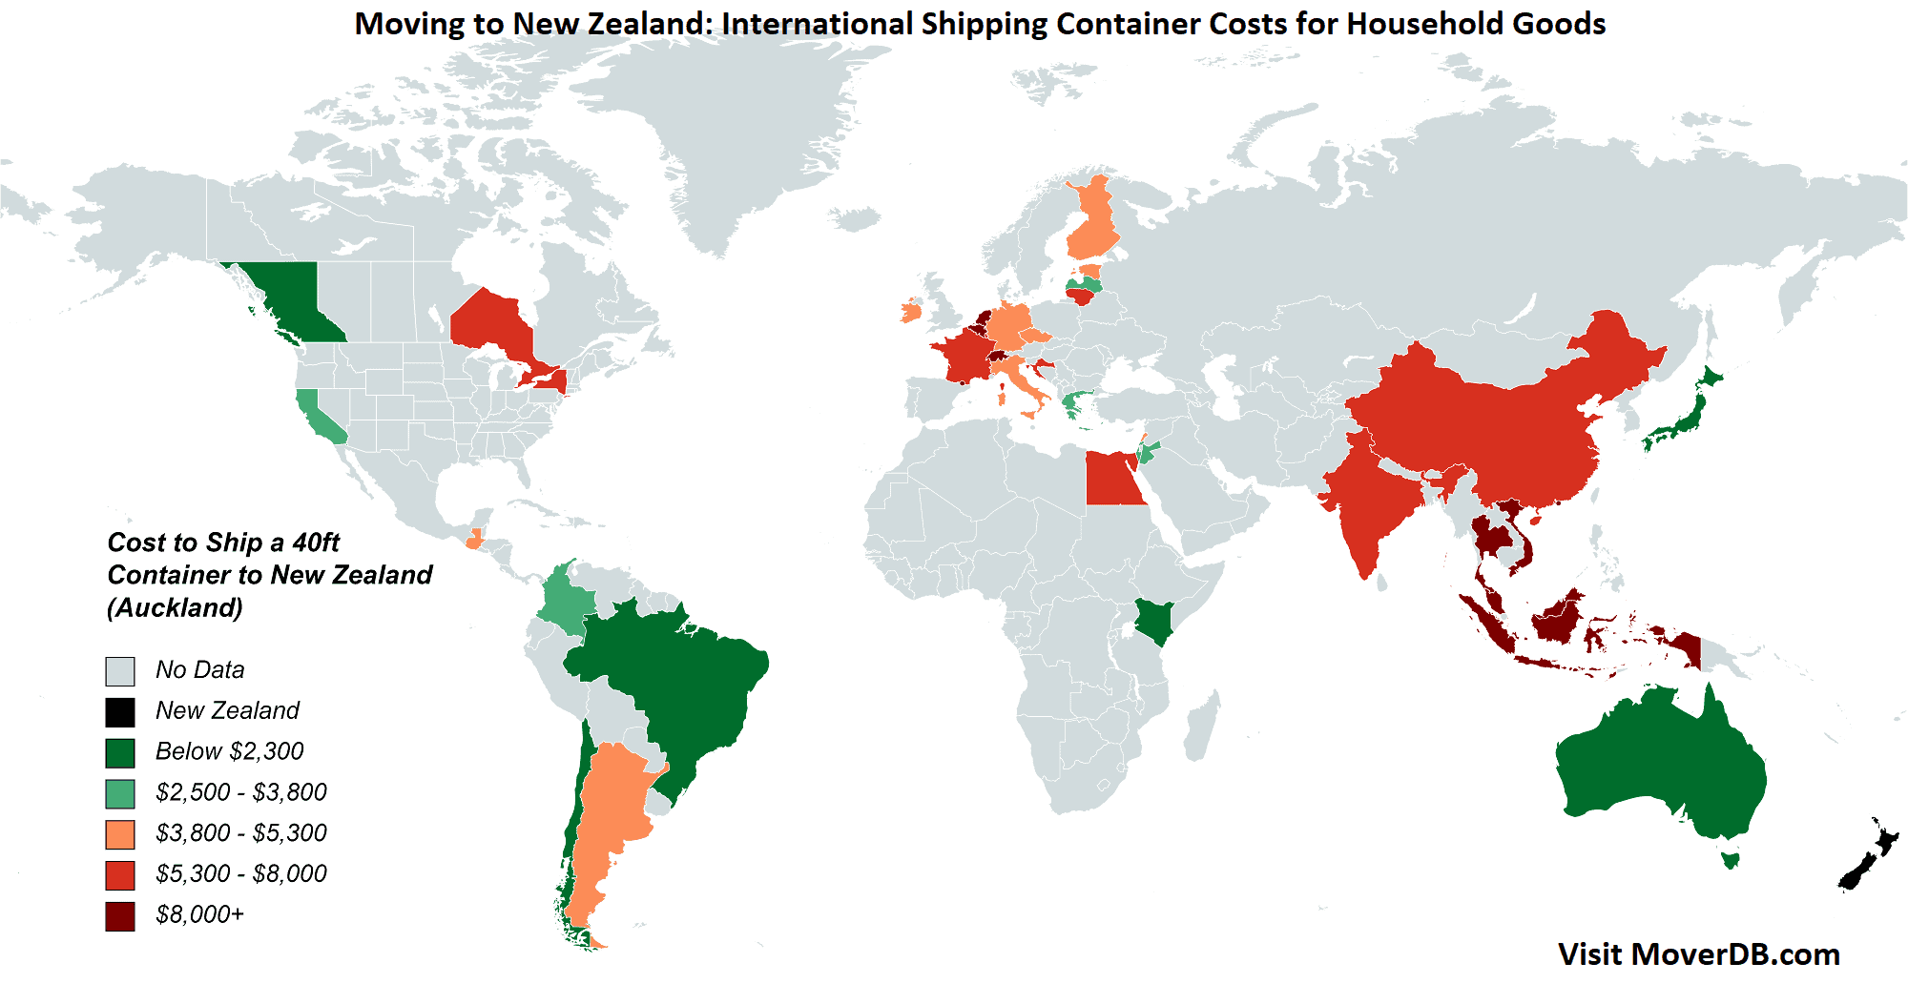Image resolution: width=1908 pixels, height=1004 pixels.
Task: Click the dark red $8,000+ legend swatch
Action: tap(120, 916)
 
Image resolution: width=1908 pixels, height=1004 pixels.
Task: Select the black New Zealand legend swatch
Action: tap(120, 712)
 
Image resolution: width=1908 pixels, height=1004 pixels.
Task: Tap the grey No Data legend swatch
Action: tap(120, 671)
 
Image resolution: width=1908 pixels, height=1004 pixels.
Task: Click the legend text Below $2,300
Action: tap(229, 751)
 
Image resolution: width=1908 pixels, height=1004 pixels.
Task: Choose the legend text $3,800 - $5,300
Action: tap(240, 833)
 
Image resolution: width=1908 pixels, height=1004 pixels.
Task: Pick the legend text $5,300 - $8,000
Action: tap(240, 874)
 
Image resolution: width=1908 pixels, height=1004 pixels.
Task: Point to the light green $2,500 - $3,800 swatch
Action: tap(120, 793)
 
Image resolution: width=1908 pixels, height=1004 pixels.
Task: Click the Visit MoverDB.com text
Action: tap(1698, 954)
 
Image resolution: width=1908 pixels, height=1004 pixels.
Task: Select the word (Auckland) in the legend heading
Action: tap(175, 608)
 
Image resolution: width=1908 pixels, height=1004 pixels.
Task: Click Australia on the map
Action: tap(1660, 763)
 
